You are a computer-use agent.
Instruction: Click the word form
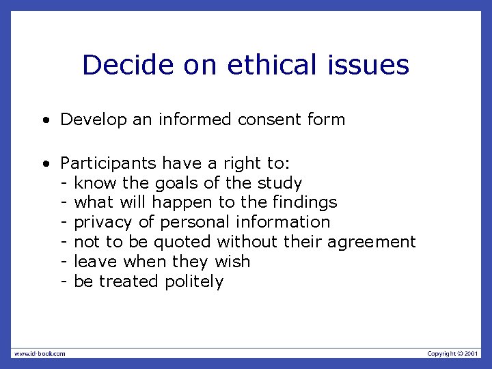click(x=327, y=120)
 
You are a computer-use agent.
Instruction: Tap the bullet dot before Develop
click(x=45, y=121)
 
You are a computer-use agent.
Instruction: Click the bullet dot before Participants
click(x=45, y=165)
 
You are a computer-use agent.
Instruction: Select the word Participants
click(x=109, y=164)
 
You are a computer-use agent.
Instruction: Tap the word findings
click(x=305, y=203)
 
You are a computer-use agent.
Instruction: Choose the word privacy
click(x=102, y=223)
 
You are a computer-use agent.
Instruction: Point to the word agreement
click(x=372, y=243)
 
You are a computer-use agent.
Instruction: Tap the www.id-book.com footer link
click(x=40, y=353)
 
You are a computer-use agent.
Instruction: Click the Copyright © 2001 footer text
click(x=453, y=353)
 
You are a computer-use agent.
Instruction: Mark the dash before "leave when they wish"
click(x=64, y=262)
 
